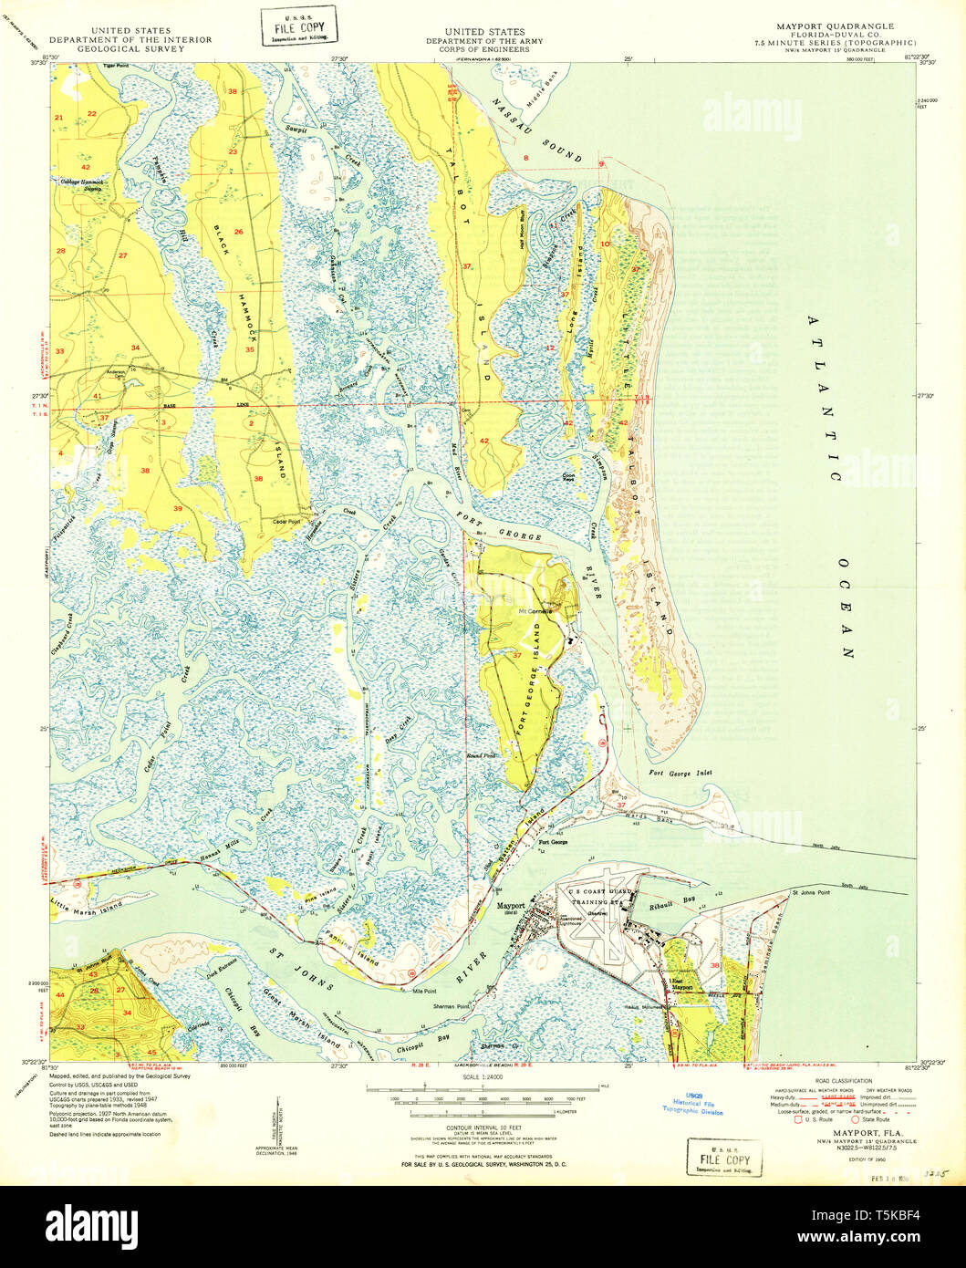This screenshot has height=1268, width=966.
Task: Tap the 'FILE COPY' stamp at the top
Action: pos(298,26)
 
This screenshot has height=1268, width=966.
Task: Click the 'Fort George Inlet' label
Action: pos(680,773)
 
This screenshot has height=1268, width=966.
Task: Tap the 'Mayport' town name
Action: pos(511,906)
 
